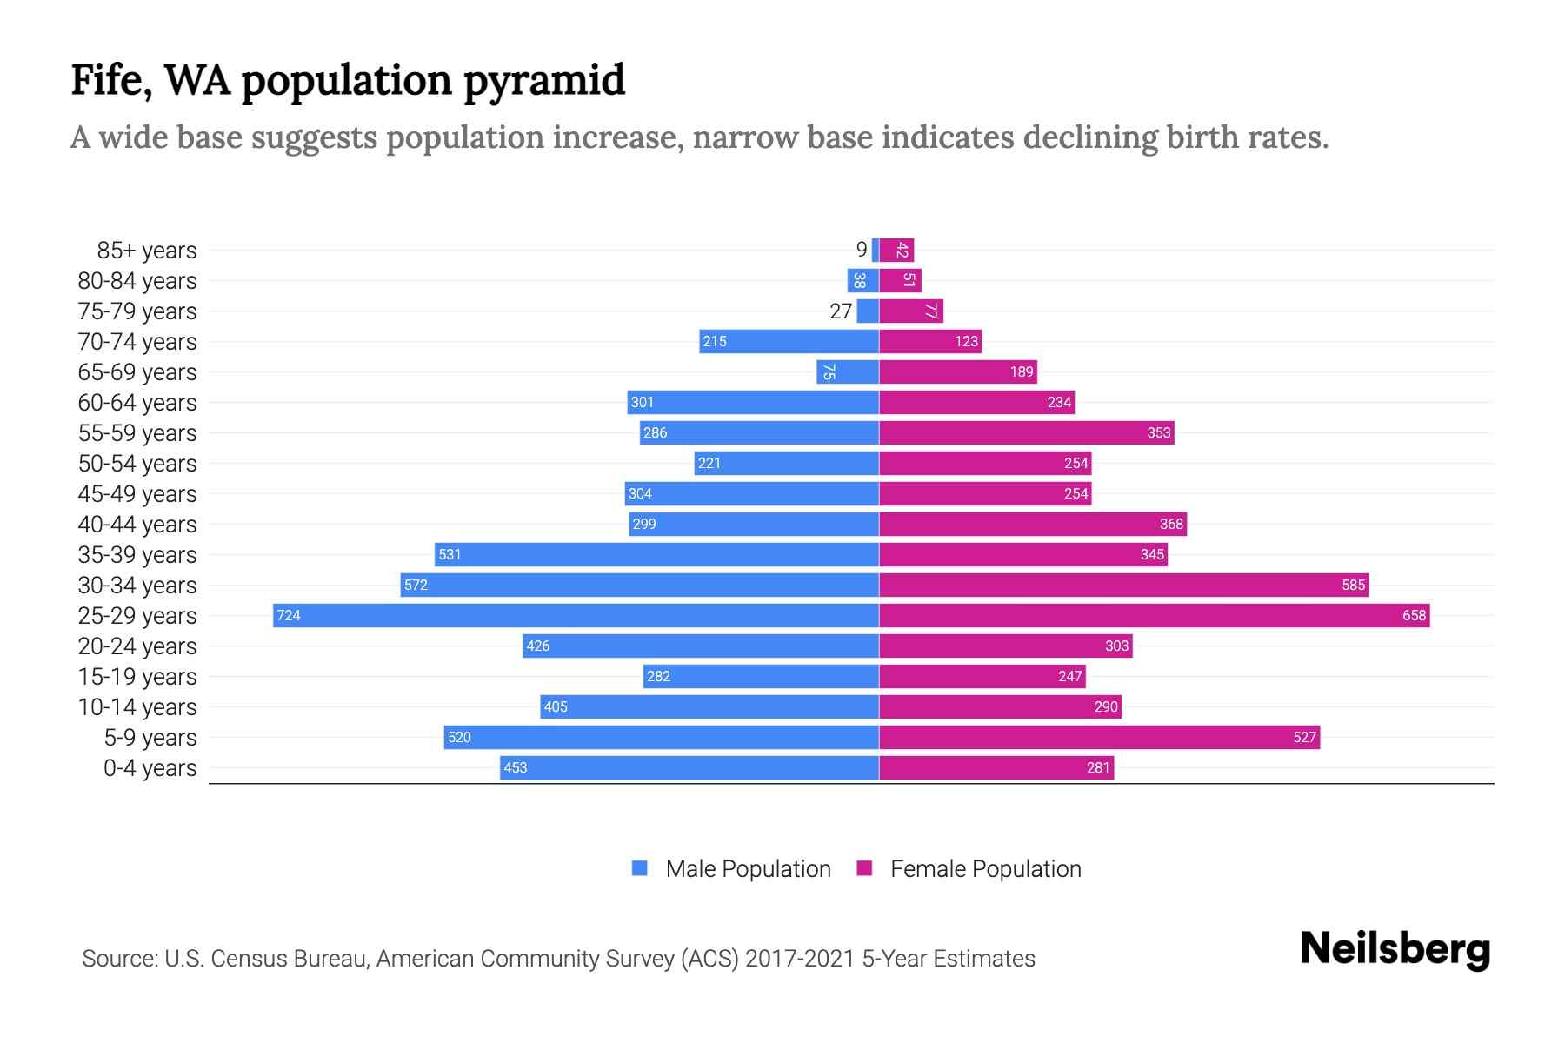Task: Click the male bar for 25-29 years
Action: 576,615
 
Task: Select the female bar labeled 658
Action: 1155,615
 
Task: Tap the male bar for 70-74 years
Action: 789,341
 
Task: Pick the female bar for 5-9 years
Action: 1099,737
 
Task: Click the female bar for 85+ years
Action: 896,250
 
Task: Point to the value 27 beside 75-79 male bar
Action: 841,311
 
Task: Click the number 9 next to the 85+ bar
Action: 862,250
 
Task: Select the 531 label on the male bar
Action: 450,554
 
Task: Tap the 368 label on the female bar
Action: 1171,524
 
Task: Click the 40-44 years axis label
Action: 137,525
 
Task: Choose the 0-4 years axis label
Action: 150,768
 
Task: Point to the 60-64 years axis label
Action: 137,403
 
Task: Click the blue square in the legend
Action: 640,868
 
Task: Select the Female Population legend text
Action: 985,869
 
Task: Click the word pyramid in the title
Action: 543,81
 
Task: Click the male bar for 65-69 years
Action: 848,371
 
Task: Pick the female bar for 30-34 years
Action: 1123,585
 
